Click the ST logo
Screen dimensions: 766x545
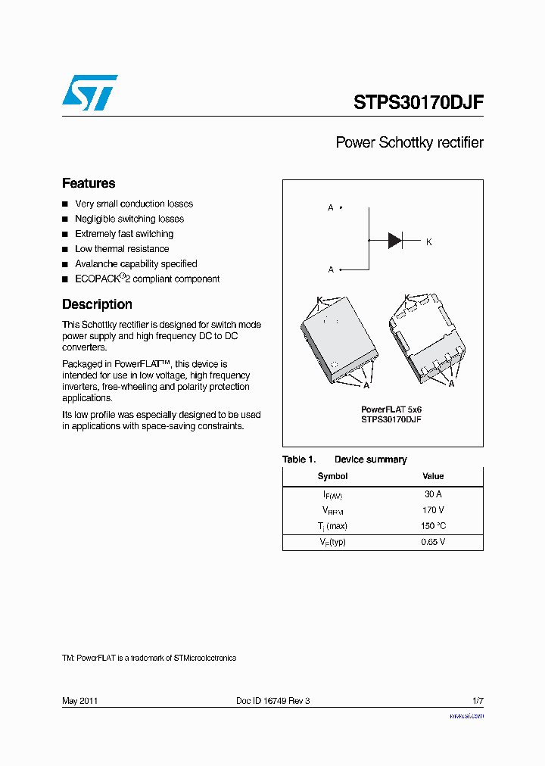coord(89,92)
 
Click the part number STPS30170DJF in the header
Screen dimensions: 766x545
coord(418,103)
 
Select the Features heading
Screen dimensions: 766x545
coord(89,183)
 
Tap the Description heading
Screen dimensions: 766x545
coord(97,304)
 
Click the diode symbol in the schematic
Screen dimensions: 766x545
coord(395,241)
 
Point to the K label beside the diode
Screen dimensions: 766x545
coord(429,242)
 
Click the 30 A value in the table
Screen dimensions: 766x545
coord(433,494)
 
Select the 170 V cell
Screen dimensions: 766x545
coord(433,510)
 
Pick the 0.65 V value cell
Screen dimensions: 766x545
coord(433,542)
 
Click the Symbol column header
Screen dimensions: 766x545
coord(332,476)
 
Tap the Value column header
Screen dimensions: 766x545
coord(433,476)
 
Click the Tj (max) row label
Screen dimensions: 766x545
coord(332,526)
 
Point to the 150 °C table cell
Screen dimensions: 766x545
coord(433,526)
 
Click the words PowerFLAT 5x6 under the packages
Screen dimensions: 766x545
coord(391,409)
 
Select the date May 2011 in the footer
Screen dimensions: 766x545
coord(79,701)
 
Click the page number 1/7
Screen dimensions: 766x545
coord(478,701)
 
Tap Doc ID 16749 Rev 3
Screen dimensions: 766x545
coord(272,701)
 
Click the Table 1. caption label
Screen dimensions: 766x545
coord(299,459)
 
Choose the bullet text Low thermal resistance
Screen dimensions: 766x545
coord(122,249)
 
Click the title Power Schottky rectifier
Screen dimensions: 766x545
coord(409,142)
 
